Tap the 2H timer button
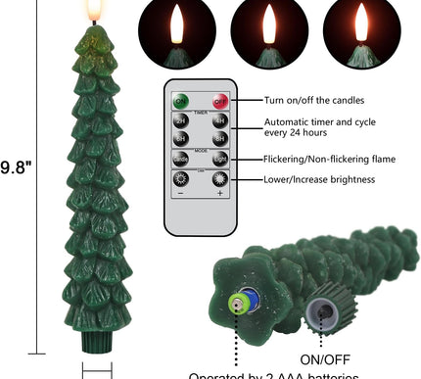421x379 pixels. click(180, 122)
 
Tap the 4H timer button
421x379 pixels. click(220, 122)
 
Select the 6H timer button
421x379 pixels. click(180, 139)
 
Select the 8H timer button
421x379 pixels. click(220, 139)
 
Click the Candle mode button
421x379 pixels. click(180, 159)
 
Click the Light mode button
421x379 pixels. click(220, 159)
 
